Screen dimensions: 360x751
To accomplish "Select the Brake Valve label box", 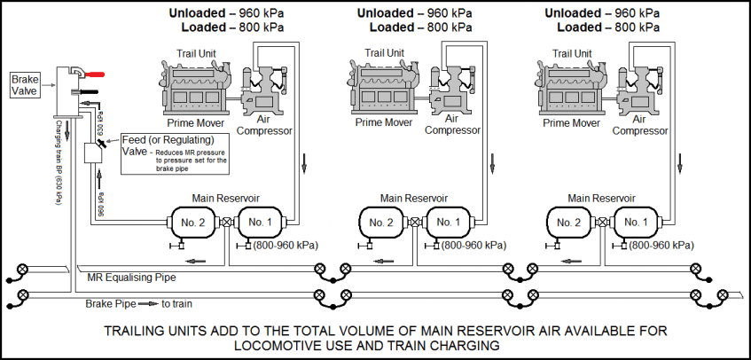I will click(x=23, y=85).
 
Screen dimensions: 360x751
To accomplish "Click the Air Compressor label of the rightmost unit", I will click(x=640, y=124).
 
